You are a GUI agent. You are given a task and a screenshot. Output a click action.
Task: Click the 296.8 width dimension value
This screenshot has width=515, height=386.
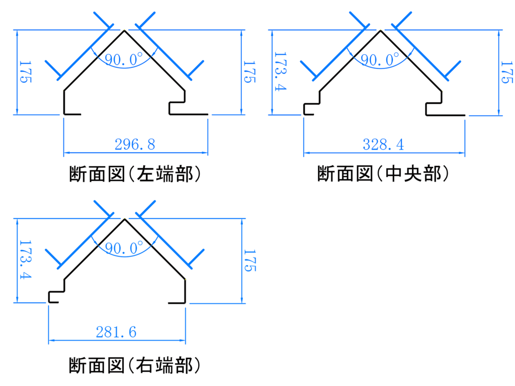(135, 144)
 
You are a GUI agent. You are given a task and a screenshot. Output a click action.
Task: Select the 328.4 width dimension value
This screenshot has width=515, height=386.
(383, 145)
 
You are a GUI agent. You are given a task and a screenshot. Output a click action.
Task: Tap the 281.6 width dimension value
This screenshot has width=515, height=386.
(116, 332)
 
